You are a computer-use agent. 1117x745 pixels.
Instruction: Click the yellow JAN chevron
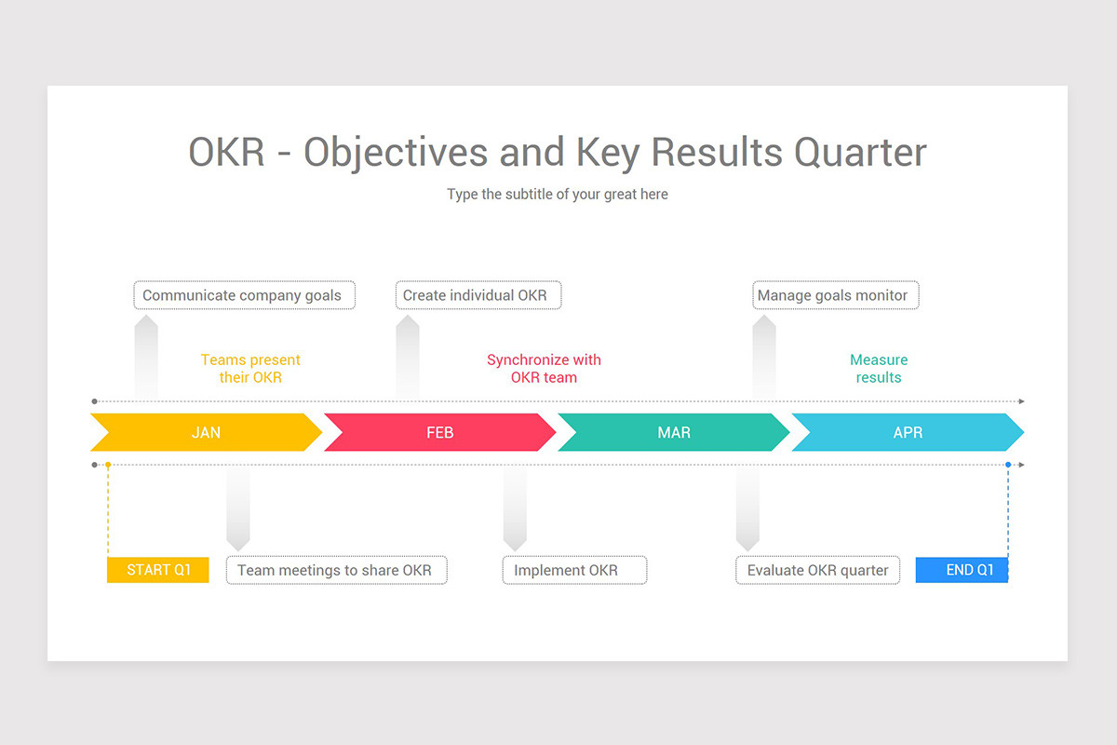206,432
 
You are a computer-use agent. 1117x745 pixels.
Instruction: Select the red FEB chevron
439,432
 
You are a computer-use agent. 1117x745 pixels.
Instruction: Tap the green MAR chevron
674,432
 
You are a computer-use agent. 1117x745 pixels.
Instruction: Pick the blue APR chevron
908,432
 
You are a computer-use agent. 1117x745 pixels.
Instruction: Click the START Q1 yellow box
158,570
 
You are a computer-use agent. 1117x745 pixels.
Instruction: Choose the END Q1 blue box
962,570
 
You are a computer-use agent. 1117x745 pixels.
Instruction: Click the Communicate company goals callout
244,295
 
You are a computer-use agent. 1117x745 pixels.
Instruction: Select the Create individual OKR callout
478,295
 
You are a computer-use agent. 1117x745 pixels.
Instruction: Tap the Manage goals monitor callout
836,295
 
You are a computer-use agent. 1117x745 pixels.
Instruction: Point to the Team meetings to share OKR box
337,570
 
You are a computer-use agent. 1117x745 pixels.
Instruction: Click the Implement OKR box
575,570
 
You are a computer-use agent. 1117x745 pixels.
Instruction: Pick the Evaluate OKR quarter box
818,570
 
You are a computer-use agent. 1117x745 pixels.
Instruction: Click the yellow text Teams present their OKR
250,368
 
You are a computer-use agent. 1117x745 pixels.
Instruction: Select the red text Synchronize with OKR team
544,368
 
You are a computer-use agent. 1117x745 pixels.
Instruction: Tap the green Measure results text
879,368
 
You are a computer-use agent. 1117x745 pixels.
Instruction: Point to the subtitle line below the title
558,194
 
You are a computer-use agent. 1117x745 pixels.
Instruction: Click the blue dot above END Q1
1008,465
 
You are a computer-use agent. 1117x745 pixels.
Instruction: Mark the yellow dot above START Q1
108,465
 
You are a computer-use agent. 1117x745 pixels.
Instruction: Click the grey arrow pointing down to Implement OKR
515,508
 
